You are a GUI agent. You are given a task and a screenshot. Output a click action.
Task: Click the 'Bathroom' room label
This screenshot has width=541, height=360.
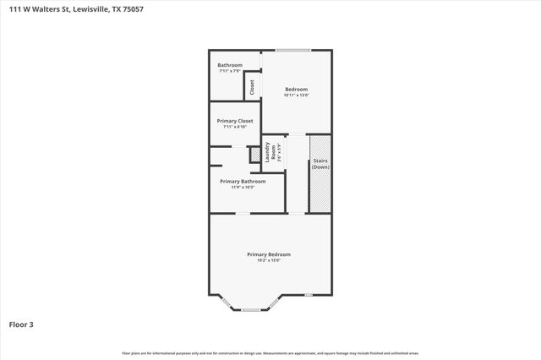pos(230,65)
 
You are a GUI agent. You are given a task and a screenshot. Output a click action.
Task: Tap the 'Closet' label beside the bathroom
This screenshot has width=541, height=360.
pos(252,86)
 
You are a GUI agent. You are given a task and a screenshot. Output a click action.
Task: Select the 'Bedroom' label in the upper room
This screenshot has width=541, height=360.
pos(296,90)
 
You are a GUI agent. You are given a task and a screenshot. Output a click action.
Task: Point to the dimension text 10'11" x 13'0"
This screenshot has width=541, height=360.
pos(296,95)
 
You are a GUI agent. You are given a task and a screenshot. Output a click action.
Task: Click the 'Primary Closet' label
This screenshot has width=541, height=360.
pos(234,121)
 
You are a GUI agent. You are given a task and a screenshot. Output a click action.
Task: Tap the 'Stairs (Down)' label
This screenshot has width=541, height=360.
pos(320,163)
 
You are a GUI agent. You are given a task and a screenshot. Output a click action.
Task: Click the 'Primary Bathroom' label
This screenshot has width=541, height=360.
pos(243,181)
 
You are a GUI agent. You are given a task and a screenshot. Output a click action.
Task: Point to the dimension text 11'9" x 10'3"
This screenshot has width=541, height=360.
pos(243,187)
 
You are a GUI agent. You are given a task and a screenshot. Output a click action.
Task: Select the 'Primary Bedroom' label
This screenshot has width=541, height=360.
pos(269,254)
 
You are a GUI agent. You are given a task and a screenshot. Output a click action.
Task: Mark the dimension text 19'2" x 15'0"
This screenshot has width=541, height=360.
pos(269,260)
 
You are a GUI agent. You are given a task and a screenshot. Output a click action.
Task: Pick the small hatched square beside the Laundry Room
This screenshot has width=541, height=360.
pos(254,155)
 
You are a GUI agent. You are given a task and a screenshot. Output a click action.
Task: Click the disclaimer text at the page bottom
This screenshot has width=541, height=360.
pos(270,353)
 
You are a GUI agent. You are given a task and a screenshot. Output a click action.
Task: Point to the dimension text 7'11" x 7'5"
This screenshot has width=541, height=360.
pos(230,71)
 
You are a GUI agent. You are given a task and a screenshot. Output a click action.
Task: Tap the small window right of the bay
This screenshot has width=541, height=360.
pos(309,294)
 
